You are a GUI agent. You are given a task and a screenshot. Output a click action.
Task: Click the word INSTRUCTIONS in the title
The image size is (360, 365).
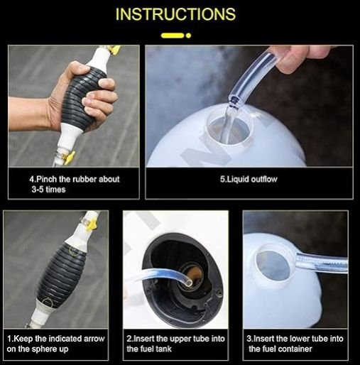tap(175, 14)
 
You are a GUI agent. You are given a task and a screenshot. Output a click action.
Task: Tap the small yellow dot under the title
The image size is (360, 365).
tap(188, 36)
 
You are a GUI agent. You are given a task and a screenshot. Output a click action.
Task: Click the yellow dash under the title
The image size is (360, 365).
tap(173, 36)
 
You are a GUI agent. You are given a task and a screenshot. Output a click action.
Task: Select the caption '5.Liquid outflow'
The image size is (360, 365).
tap(249, 179)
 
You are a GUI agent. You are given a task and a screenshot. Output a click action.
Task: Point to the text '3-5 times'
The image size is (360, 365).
tap(48, 190)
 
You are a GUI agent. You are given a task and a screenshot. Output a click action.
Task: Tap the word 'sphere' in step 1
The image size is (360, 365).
tap(44, 349)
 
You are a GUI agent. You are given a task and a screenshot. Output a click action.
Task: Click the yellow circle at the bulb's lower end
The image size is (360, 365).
tap(48, 303)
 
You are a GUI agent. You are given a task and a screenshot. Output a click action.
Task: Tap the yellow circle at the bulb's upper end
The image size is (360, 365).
tap(75, 251)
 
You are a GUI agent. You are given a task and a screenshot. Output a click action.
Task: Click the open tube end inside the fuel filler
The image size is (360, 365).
tap(189, 283)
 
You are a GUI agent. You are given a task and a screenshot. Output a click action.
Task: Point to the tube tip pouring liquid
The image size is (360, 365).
tap(234, 102)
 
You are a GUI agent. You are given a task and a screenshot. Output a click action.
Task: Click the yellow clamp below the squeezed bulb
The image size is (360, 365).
tap(68, 158)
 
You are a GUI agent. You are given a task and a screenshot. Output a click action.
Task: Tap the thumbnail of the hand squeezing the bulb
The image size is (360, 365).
tap(74, 107)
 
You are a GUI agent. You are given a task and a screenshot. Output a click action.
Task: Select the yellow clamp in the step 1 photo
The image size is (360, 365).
tap(92, 224)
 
